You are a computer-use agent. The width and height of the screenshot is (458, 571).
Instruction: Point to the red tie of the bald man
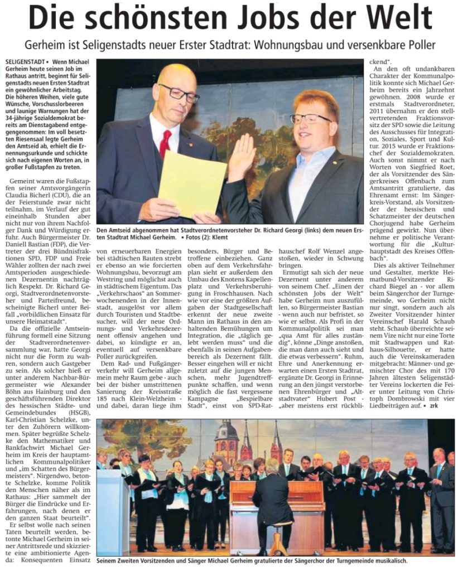166,144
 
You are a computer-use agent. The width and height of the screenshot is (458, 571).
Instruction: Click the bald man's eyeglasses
179,93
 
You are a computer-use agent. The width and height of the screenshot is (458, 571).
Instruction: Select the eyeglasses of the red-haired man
310,118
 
